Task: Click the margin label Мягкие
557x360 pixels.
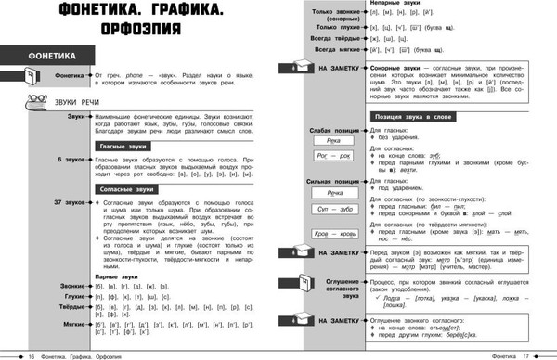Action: (73, 326)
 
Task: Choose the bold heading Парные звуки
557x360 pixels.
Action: (119, 276)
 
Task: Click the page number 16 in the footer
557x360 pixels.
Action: (31, 354)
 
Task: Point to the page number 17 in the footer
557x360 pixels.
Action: (525, 354)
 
